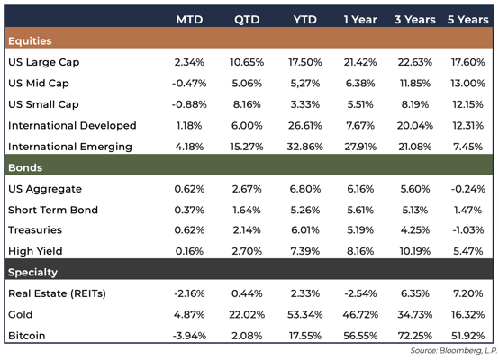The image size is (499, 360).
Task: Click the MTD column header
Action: coord(189,20)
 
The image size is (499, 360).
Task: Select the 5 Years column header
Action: coord(466,20)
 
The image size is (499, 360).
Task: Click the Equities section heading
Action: coord(29,40)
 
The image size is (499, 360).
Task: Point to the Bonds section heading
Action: coord(25,167)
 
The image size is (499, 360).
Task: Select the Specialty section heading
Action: coord(32,272)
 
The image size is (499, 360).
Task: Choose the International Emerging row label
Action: coord(69,146)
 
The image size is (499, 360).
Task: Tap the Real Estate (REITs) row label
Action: coord(60,293)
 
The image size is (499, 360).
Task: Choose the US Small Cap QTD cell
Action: coord(246,104)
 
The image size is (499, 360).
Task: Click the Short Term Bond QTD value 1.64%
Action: coord(246,210)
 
